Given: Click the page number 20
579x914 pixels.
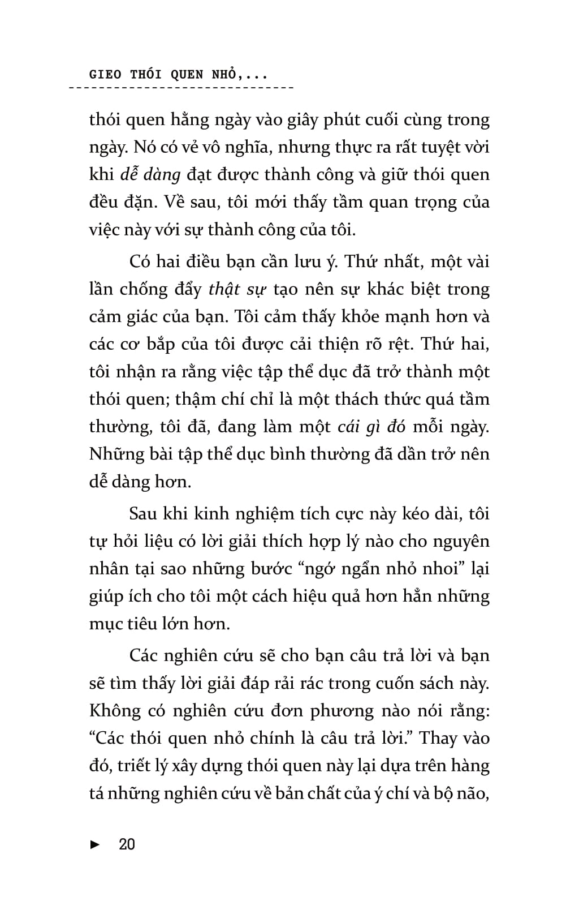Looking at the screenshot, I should (127, 845).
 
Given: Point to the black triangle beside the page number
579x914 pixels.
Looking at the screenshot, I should (95, 845).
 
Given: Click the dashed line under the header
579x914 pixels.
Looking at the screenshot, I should (181, 89).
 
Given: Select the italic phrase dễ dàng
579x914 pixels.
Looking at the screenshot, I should (150, 175).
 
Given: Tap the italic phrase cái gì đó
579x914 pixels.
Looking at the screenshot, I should (371, 427).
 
